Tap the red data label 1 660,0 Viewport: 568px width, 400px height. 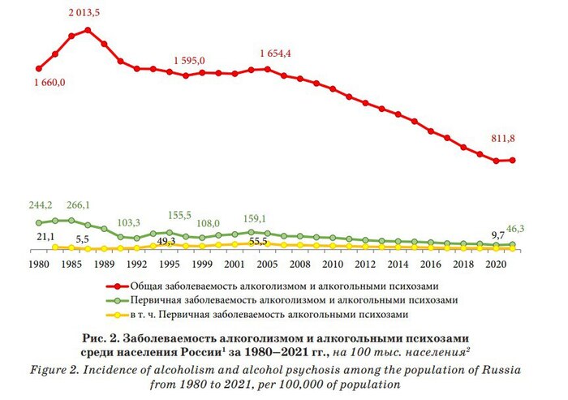(x=49, y=82)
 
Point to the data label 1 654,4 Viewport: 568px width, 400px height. (x=276, y=54)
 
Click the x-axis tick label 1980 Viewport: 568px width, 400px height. (x=37, y=265)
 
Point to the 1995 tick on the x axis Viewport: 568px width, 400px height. (x=170, y=265)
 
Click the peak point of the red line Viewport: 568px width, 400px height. (x=87, y=30)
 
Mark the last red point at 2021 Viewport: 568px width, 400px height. (x=512, y=160)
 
